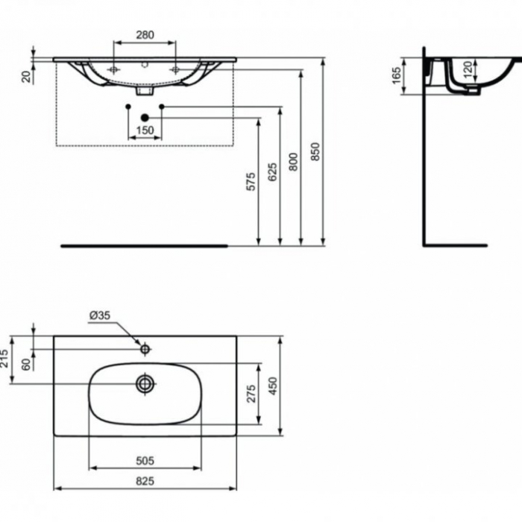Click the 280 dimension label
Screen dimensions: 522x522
[145, 34]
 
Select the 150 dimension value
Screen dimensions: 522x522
[145, 130]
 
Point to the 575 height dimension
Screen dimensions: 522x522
[251, 182]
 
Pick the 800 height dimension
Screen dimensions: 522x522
[294, 162]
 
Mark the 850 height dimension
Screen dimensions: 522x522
[315, 152]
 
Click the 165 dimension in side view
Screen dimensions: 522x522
[397, 75]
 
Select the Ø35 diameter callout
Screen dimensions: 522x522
[99, 315]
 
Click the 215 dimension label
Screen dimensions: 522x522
[6, 359]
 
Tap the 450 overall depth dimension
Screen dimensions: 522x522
[273, 386]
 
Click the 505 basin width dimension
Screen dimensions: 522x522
[145, 459]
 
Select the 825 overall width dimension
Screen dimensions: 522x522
[145, 481]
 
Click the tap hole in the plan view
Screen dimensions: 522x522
[145, 348]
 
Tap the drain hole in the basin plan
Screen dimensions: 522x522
[145, 383]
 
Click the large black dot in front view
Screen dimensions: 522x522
[145, 118]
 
